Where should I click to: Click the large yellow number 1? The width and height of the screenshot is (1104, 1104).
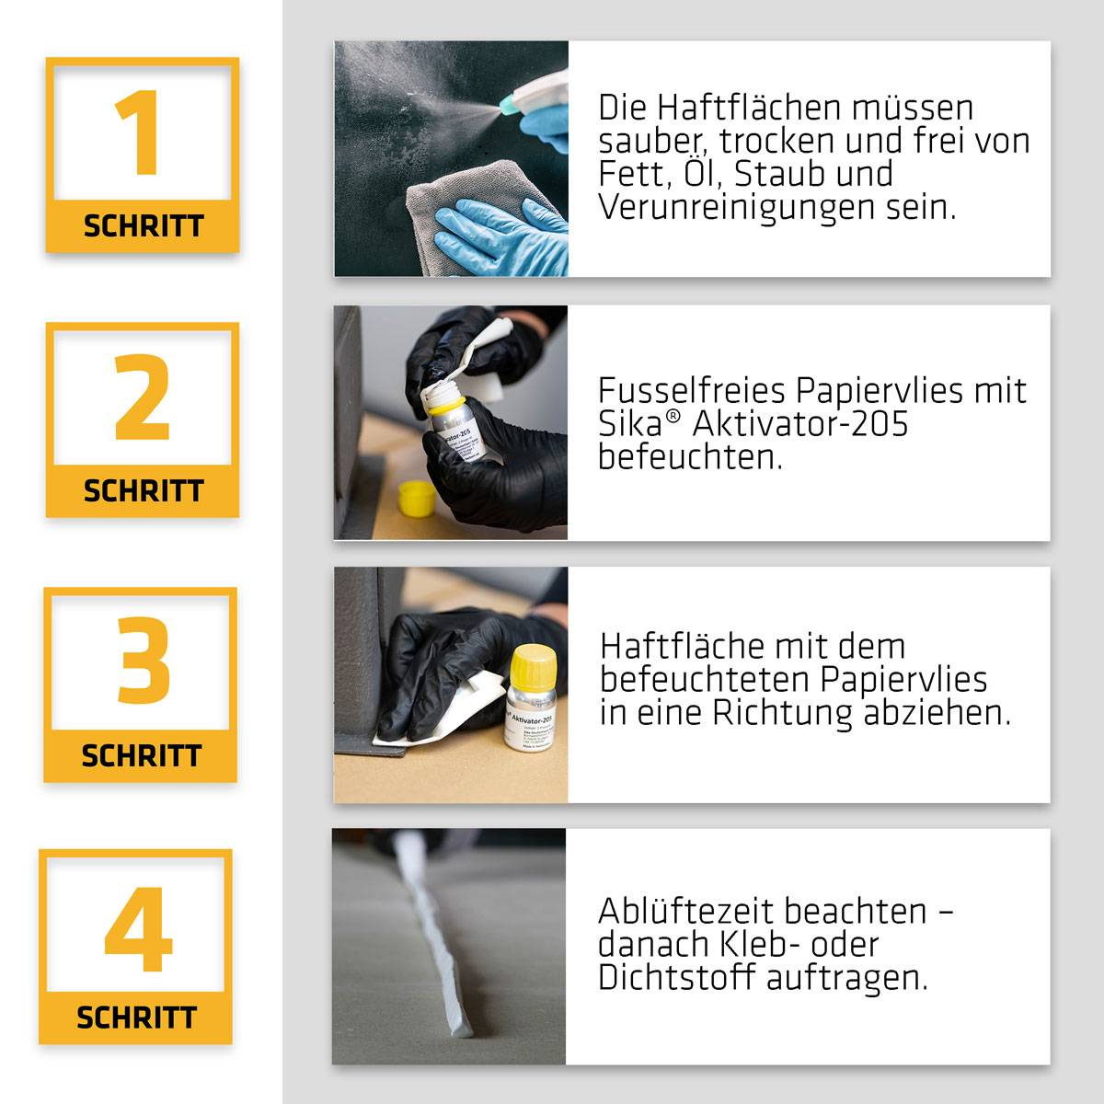tap(141, 133)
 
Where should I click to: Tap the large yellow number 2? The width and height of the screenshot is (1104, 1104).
tap(143, 398)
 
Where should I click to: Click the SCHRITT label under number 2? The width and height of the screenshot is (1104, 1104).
tap(143, 491)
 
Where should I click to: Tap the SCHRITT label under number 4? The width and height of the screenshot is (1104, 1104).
tap(136, 1018)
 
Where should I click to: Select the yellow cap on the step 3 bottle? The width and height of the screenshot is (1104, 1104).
tap(530, 664)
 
